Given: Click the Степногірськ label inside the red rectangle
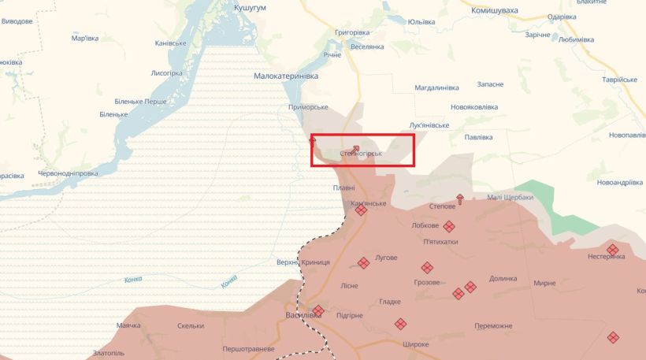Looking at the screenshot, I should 361,154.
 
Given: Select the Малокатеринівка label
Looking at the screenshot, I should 286,76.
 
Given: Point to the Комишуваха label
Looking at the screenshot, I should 495,11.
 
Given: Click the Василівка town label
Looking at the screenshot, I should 303,315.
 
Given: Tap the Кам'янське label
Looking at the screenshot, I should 369,203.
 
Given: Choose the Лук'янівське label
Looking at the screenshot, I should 429,124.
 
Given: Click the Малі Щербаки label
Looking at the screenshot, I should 510,197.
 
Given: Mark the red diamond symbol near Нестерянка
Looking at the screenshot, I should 613,250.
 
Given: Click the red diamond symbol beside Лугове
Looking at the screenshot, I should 363,263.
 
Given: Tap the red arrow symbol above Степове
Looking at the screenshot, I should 460,199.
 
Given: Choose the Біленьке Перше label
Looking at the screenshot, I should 140,102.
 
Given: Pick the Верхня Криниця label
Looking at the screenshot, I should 299,262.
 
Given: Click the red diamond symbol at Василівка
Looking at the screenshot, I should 318,311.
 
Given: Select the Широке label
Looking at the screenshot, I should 415,344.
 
